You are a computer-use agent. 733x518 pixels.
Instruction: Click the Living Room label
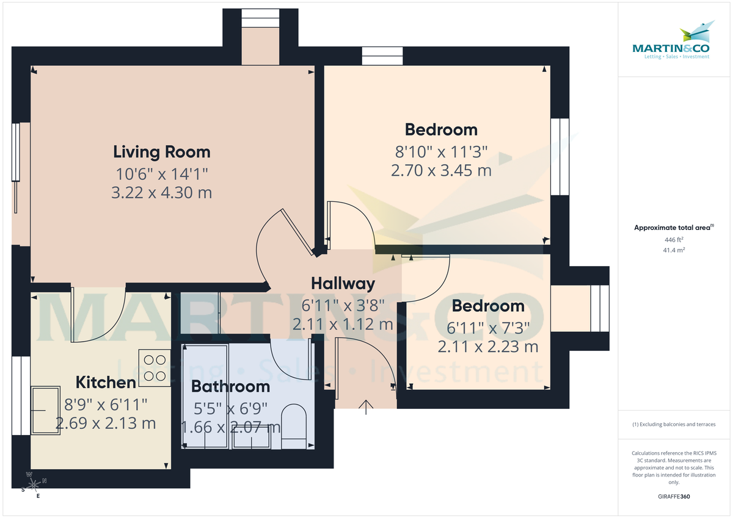pos(162,152)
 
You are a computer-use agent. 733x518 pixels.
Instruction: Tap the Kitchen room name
pos(106,383)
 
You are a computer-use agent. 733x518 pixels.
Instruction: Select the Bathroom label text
pos(230,386)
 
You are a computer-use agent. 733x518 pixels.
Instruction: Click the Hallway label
pos(343,283)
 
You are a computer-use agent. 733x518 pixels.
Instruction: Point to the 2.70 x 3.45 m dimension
pos(441,170)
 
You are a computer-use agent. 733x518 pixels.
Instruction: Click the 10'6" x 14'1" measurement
pos(162,173)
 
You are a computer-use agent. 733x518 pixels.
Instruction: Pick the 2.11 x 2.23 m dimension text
pos(487,347)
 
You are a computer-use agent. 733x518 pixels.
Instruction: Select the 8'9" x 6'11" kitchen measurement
pos(106,403)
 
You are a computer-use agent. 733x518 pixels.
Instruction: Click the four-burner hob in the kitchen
pos(155,367)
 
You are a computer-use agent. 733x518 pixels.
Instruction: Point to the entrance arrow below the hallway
pos(366,407)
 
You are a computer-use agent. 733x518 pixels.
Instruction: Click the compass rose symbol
pos(34,485)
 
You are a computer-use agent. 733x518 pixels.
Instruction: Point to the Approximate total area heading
pos(672,228)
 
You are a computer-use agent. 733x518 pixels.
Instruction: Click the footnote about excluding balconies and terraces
pos(673,424)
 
